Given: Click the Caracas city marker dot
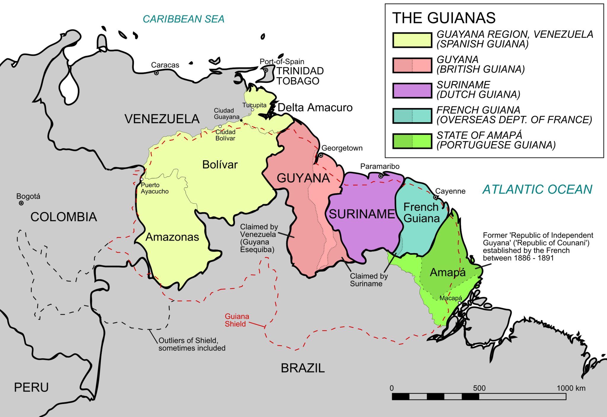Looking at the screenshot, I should pyautogui.click(x=156, y=73).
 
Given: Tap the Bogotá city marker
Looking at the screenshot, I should pyautogui.click(x=21, y=203).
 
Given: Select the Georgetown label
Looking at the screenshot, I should pyautogui.click(x=342, y=148).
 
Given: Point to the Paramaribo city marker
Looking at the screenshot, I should pyautogui.click(x=381, y=176).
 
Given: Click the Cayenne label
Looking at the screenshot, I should pyautogui.click(x=450, y=191).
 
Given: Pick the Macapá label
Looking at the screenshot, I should pyautogui.click(x=451, y=298).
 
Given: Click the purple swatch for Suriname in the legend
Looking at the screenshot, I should pyautogui.click(x=412, y=91).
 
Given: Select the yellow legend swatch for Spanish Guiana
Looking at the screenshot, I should pyautogui.click(x=412, y=40).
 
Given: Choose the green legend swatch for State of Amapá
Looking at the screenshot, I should pyautogui.click(x=412, y=141).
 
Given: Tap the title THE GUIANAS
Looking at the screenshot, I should pyautogui.click(x=444, y=18).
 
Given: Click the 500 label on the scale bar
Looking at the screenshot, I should pyautogui.click(x=479, y=388).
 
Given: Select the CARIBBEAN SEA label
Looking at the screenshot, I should pyautogui.click(x=183, y=19).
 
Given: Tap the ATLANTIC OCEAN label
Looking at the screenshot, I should pyautogui.click(x=537, y=189).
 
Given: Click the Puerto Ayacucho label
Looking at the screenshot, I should pyautogui.click(x=154, y=188).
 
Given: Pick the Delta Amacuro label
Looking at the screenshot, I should pyautogui.click(x=315, y=107).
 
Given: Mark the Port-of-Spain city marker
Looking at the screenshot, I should pyautogui.click(x=266, y=70).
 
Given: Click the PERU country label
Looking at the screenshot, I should pyautogui.click(x=31, y=387).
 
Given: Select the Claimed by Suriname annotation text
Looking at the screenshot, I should pyautogui.click(x=368, y=280).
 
